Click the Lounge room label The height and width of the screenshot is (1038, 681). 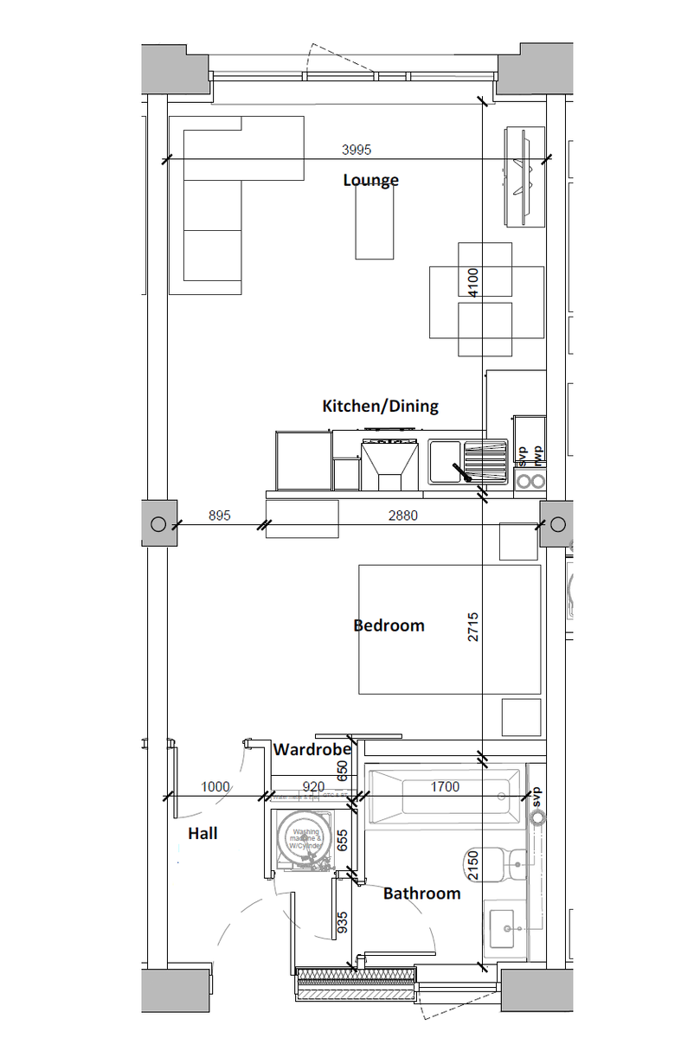click(370, 180)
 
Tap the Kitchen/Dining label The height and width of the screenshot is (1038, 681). click(380, 406)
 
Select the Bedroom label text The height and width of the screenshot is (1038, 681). click(389, 625)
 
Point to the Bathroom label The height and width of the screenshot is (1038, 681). click(421, 894)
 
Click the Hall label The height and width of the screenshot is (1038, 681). click(202, 834)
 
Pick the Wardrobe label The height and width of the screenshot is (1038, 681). click(312, 750)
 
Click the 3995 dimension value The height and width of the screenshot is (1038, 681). click(356, 150)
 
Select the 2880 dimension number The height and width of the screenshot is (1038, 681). click(403, 516)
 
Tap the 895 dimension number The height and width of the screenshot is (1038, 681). click(220, 516)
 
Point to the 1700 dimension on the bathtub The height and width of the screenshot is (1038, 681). click(445, 787)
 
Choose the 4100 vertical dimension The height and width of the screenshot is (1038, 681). click(473, 282)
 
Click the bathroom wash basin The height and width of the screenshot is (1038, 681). click(506, 931)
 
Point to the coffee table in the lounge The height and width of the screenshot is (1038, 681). click(374, 221)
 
